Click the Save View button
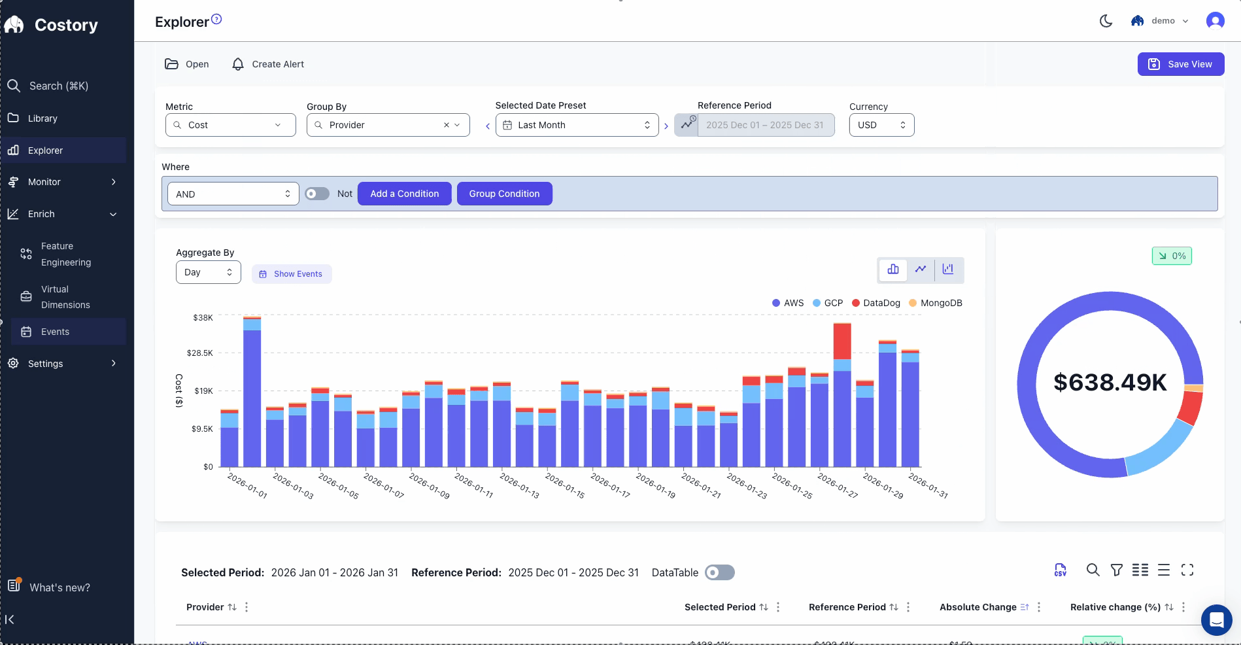point(1180,64)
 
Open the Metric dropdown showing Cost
point(230,125)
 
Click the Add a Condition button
point(404,194)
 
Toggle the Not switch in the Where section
point(317,194)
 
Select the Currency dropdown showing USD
point(881,125)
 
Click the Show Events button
point(292,274)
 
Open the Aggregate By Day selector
point(208,272)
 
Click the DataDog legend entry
point(876,303)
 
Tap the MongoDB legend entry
point(936,303)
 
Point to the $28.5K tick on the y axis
point(200,353)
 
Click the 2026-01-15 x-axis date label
point(565,486)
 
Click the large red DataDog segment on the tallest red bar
point(842,340)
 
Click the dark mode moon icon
point(1106,21)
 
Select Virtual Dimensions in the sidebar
point(65,297)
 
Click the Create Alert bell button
point(268,64)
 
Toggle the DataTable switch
point(719,572)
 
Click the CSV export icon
point(1060,570)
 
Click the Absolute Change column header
point(977,607)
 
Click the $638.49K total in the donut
point(1110,383)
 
